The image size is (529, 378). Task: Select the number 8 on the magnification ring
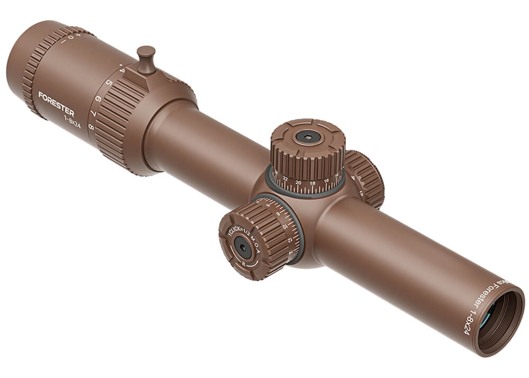(91, 128)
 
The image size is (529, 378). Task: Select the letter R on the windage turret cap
(244, 263)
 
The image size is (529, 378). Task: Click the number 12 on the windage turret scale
(290, 240)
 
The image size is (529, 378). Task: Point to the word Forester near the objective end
(479, 300)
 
